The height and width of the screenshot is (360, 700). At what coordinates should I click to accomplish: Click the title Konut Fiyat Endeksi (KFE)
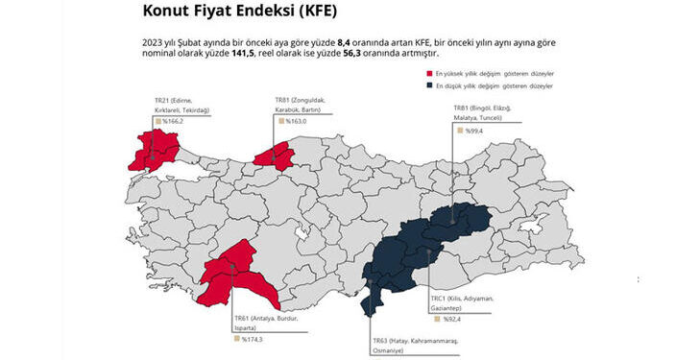click(x=241, y=12)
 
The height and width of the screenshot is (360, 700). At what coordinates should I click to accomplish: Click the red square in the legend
click(x=429, y=73)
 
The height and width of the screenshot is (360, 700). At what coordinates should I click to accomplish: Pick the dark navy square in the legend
click(x=429, y=85)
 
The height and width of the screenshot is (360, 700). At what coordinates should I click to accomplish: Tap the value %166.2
click(x=172, y=122)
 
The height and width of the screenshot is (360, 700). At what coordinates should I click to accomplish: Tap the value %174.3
click(x=252, y=338)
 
